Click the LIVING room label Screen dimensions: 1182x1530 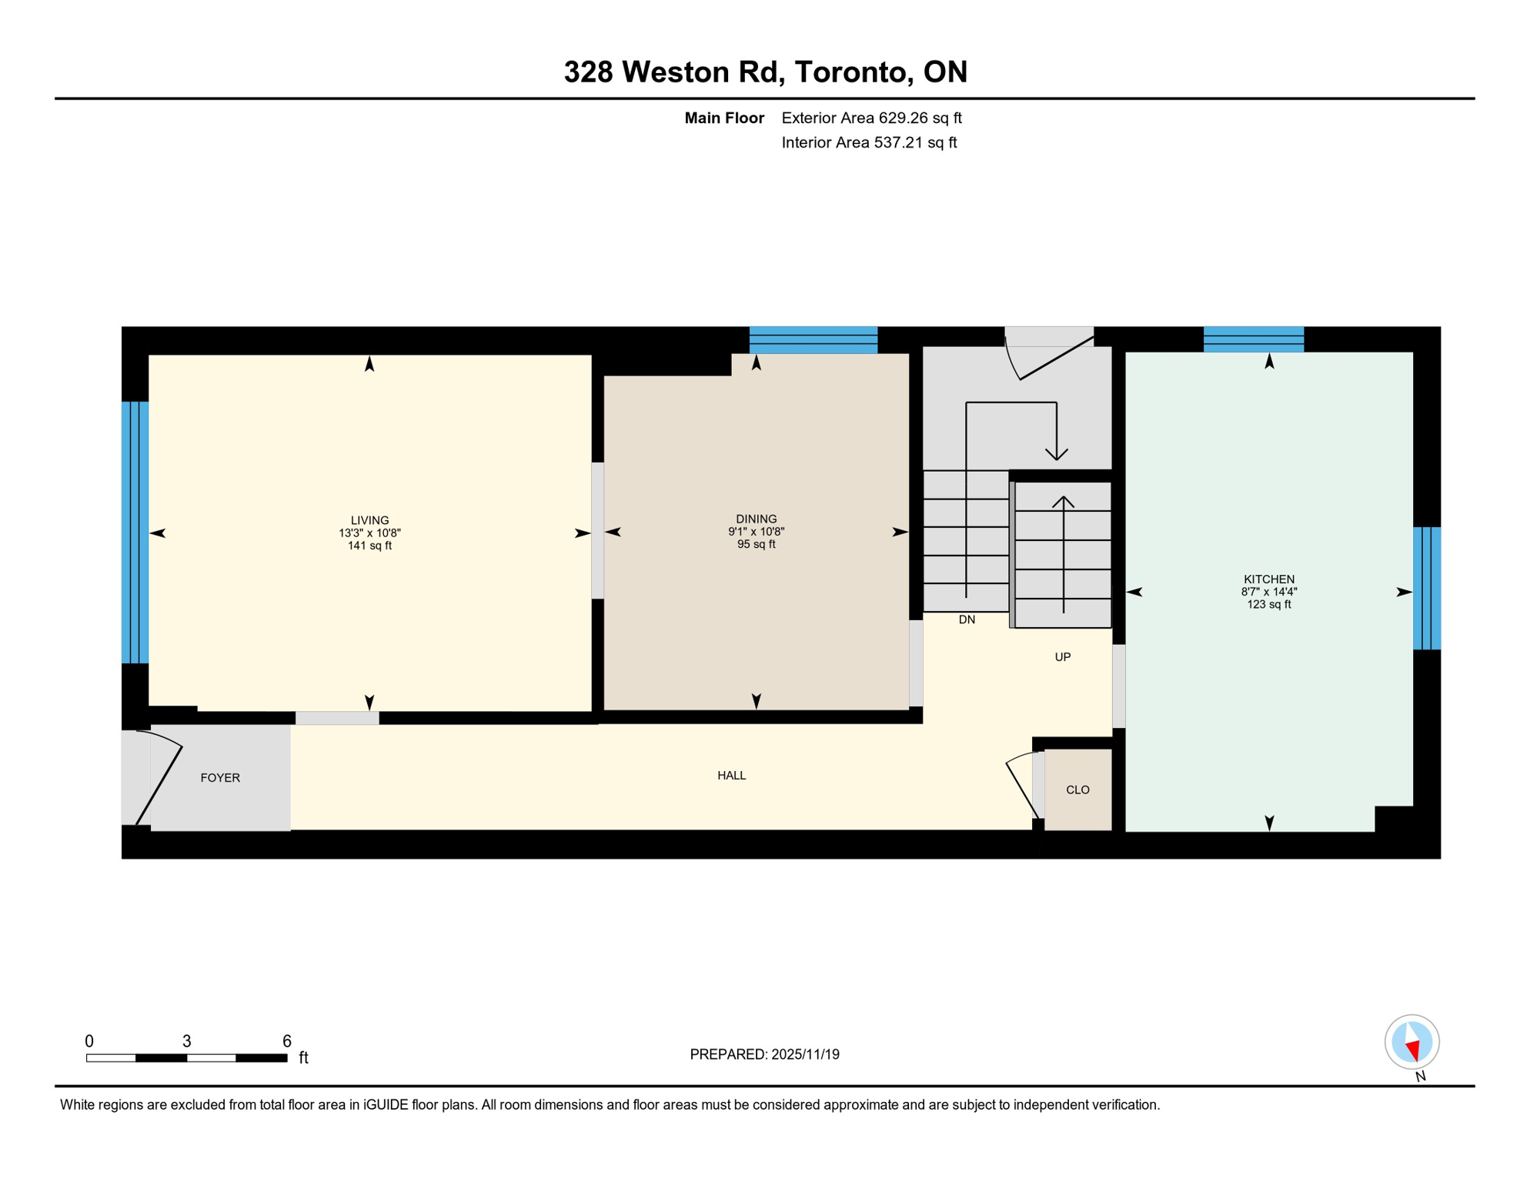(369, 520)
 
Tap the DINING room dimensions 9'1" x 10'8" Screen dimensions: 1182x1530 (756, 532)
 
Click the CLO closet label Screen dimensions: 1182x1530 (1077, 790)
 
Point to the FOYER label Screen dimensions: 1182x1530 (220, 778)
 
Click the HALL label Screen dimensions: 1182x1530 (731, 776)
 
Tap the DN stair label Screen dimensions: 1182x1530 (967, 620)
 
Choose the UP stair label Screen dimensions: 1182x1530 (1062, 657)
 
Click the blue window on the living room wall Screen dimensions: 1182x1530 (135, 533)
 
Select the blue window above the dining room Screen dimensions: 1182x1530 (813, 339)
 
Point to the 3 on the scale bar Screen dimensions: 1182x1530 (186, 1041)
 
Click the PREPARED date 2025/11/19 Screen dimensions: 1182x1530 (764, 1055)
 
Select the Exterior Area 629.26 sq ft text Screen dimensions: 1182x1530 (871, 118)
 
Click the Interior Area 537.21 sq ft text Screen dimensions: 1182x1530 (869, 142)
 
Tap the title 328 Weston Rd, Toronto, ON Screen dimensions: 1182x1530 (765, 72)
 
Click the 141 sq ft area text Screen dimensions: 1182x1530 (369, 546)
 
